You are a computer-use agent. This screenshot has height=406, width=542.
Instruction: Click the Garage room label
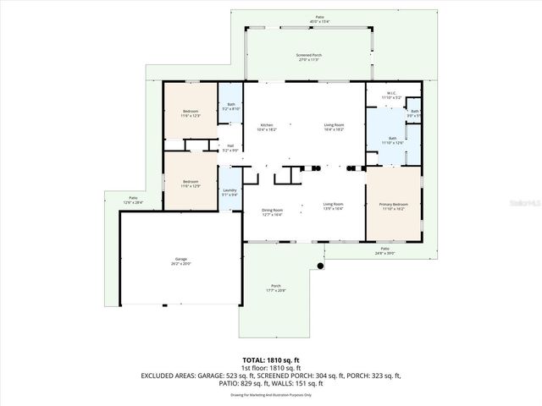181,261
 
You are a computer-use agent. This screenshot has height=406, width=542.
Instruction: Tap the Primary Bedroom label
392,206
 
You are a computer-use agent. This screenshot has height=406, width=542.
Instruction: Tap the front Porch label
275,288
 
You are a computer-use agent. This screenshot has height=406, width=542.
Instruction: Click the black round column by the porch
321,268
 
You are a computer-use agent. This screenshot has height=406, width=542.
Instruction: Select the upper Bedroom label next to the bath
191,112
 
